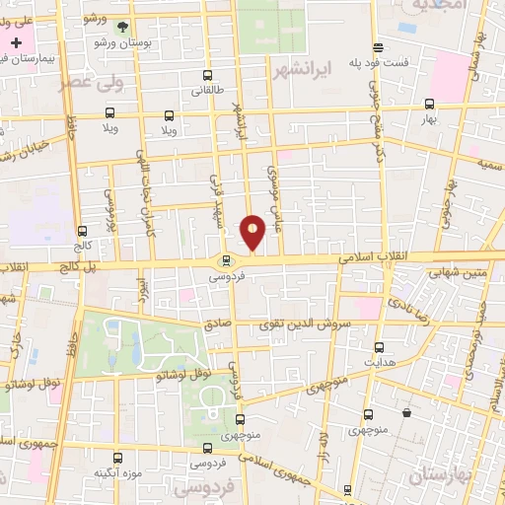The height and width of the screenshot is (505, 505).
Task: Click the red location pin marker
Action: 253,232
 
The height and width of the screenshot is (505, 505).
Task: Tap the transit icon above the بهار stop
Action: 429,103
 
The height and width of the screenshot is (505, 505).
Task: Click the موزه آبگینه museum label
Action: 115,472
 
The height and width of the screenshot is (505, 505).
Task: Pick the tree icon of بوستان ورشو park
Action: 122,29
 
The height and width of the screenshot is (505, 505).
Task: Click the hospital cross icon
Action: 17,43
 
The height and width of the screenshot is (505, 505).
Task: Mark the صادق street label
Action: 217,324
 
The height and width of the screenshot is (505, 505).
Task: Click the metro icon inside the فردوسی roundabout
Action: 228,261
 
